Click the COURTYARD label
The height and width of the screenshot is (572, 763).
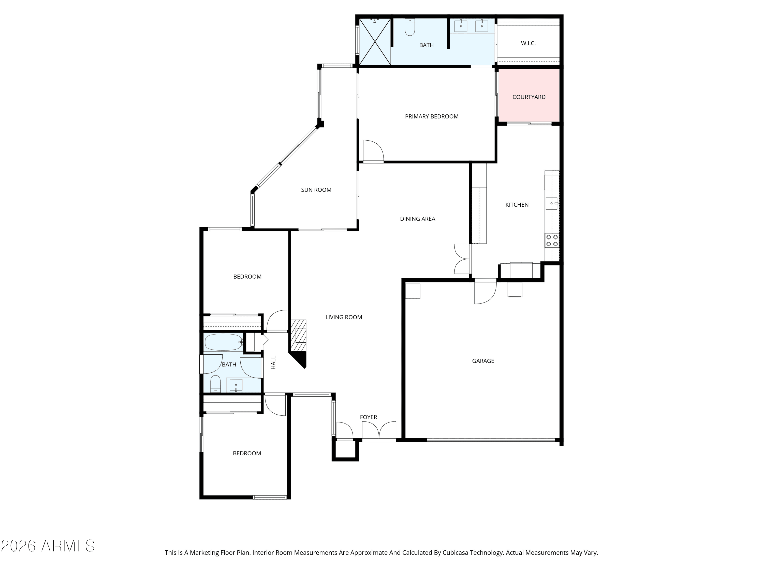click(529, 97)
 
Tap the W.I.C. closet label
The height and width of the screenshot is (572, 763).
click(528, 43)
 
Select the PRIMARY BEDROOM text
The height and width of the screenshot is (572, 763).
click(432, 116)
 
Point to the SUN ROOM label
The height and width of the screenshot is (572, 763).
click(316, 190)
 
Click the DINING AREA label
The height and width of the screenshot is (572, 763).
click(417, 219)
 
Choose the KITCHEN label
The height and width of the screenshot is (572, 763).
click(517, 205)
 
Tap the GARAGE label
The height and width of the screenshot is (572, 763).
click(483, 361)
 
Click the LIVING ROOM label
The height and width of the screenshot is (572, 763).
click(344, 317)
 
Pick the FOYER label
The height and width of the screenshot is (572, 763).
click(368, 417)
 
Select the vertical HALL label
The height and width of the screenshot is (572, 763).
click(273, 363)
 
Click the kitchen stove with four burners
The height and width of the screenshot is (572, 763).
click(552, 241)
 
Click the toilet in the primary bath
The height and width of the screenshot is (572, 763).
click(410, 27)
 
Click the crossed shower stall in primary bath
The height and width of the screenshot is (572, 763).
click(375, 41)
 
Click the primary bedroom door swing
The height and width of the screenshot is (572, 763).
click(373, 151)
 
